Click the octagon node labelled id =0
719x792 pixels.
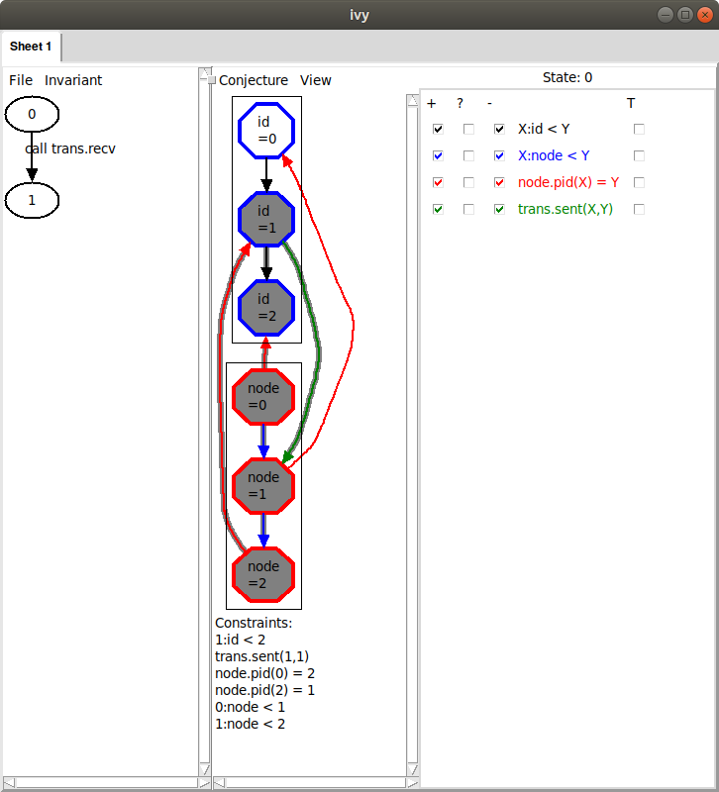pyautogui.click(x=266, y=131)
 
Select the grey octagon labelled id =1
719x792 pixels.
pyautogui.click(x=266, y=219)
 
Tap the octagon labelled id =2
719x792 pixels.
pyautogui.click(x=266, y=308)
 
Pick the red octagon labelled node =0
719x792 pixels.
pyautogui.click(x=263, y=397)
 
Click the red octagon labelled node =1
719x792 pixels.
pyautogui.click(x=263, y=486)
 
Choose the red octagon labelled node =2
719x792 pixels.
pyautogui.click(x=263, y=575)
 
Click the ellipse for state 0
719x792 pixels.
pyautogui.click(x=32, y=114)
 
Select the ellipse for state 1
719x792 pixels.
pyautogui.click(x=32, y=201)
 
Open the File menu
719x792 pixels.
pyautogui.click(x=21, y=80)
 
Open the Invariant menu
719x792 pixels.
pyautogui.click(x=73, y=80)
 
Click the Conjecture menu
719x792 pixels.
pyautogui.click(x=254, y=80)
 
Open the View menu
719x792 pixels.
pyautogui.click(x=315, y=80)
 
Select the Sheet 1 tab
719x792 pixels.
pyautogui.click(x=31, y=47)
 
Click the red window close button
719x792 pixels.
pyautogui.click(x=704, y=15)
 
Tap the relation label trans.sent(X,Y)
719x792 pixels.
pyautogui.click(x=565, y=209)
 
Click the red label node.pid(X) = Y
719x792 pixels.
pyautogui.click(x=568, y=182)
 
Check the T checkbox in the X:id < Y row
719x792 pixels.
pyautogui.click(x=639, y=130)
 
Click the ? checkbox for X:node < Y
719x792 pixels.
pyautogui.click(x=468, y=155)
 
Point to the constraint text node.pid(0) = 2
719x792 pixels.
pyautogui.click(x=264, y=673)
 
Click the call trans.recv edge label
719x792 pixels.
pyautogui.click(x=70, y=148)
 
